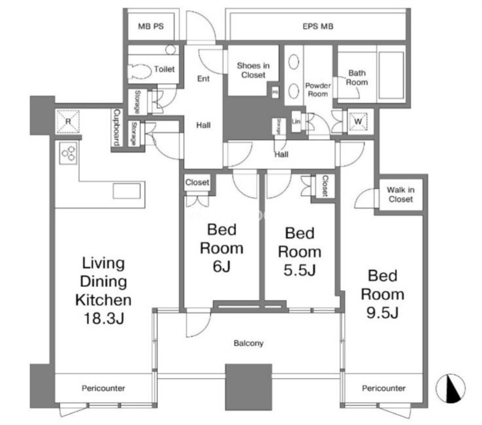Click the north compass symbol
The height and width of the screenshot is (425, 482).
[x=450, y=388]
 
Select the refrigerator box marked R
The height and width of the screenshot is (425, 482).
[x=68, y=122]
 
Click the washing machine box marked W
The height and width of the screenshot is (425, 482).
[x=358, y=121]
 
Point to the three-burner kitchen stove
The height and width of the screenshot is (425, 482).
[x=68, y=154]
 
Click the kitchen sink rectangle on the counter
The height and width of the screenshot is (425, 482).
[x=127, y=191]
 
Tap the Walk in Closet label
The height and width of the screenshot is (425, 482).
[x=401, y=194]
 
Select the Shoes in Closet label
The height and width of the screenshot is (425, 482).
[x=253, y=70]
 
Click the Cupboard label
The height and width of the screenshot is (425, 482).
[x=117, y=127]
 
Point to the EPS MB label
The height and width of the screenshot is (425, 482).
[x=318, y=26]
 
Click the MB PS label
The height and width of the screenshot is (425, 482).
[x=151, y=26]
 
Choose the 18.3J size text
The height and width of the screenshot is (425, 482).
[x=104, y=318]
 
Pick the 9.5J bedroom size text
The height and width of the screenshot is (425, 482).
[x=383, y=313]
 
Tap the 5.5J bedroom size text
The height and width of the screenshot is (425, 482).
[x=299, y=270]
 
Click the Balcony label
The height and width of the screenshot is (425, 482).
[x=248, y=343]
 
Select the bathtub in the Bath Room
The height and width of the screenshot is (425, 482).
[x=391, y=75]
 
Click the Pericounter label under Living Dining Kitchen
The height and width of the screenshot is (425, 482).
[x=103, y=388]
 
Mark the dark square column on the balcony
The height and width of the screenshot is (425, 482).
[x=249, y=387]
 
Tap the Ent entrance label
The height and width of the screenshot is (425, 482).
[x=203, y=79]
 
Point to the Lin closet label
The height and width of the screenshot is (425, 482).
[x=296, y=121]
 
